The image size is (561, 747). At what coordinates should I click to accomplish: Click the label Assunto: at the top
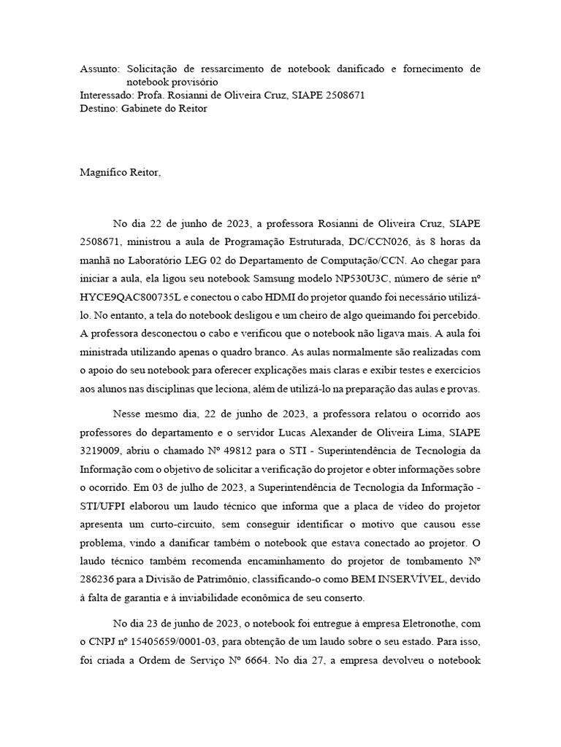pos(99,69)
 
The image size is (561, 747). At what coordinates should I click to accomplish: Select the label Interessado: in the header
pos(106,96)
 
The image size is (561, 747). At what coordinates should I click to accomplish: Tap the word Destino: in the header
pos(98,109)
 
